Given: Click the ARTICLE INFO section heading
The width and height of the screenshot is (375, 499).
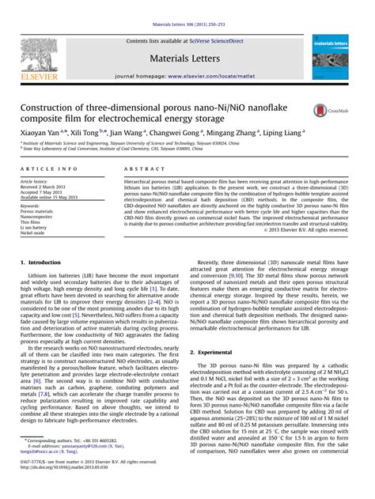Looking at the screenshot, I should [49, 169].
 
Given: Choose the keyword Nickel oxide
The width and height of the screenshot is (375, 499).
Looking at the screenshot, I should [36, 234].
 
